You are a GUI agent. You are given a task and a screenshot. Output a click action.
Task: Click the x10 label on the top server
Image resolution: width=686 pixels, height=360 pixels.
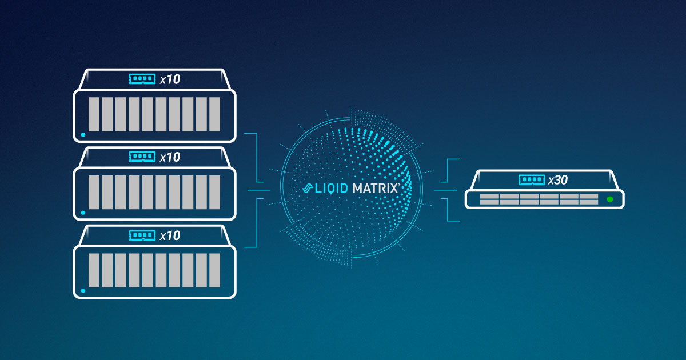point(170,79)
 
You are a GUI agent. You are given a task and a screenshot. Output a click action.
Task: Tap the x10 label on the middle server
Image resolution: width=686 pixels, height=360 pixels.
point(170,157)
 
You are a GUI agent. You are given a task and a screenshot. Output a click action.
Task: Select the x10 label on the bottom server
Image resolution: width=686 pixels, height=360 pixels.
point(170,235)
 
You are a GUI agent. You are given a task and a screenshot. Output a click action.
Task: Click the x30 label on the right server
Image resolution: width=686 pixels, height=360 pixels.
point(557,181)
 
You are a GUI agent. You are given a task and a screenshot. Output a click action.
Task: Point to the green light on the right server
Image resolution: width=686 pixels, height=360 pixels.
point(610,199)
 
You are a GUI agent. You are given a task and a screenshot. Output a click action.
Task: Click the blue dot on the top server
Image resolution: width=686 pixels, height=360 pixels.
point(83,135)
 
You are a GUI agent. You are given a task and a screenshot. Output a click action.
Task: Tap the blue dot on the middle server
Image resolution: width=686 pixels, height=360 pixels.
point(83,213)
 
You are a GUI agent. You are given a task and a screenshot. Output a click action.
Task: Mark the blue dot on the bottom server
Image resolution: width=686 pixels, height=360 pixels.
point(83,290)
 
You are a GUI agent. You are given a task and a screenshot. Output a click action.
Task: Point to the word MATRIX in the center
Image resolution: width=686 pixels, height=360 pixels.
point(375,188)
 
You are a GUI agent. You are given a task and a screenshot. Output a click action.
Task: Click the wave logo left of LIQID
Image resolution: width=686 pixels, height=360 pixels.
point(307,188)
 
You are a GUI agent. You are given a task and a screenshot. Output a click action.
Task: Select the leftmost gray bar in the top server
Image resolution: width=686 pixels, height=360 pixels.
point(93,114)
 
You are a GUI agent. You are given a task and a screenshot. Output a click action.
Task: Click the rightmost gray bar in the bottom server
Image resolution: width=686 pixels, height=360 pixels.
point(214,270)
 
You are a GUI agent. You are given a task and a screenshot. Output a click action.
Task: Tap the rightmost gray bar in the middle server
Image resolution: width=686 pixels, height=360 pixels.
point(214,192)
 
